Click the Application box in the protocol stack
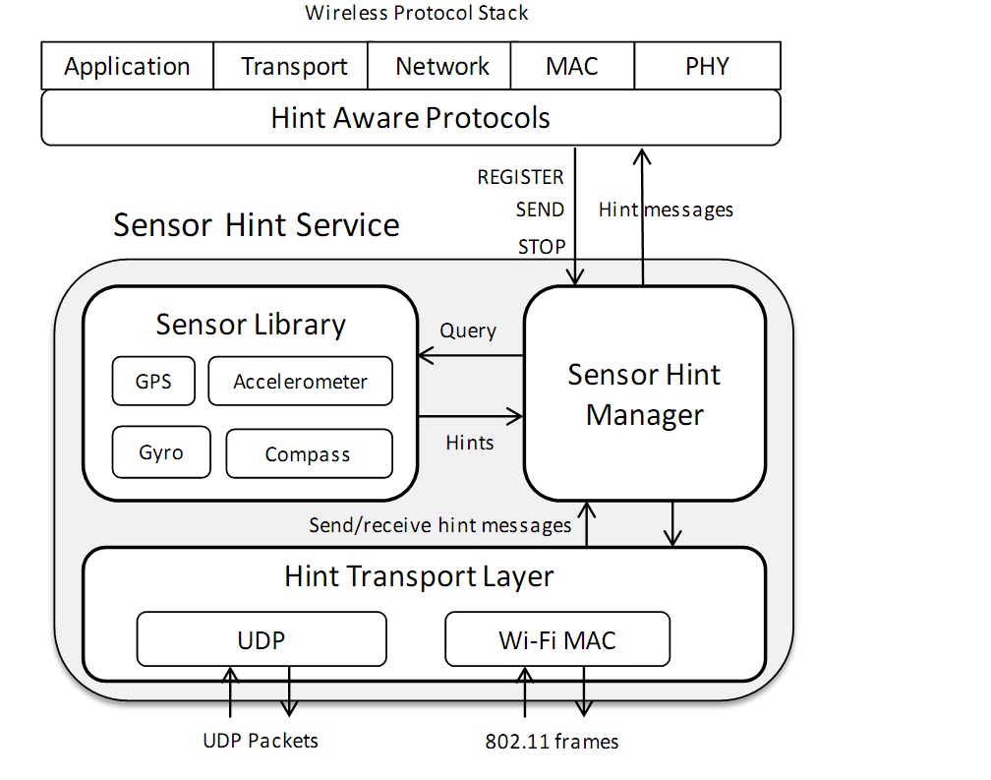click(127, 66)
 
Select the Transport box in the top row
click(293, 66)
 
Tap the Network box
click(441, 66)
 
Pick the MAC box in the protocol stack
click(571, 66)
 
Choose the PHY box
click(707, 66)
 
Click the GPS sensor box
click(152, 381)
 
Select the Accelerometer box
click(300, 381)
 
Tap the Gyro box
click(160, 452)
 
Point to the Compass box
click(308, 453)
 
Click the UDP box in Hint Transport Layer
click(261, 639)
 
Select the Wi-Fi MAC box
click(556, 639)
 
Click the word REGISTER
click(520, 177)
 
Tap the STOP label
click(541, 247)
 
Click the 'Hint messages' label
click(666, 209)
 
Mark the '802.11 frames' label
click(552, 741)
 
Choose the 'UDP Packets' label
click(261, 740)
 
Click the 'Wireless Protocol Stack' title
click(416, 13)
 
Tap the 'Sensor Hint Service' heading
click(256, 224)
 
